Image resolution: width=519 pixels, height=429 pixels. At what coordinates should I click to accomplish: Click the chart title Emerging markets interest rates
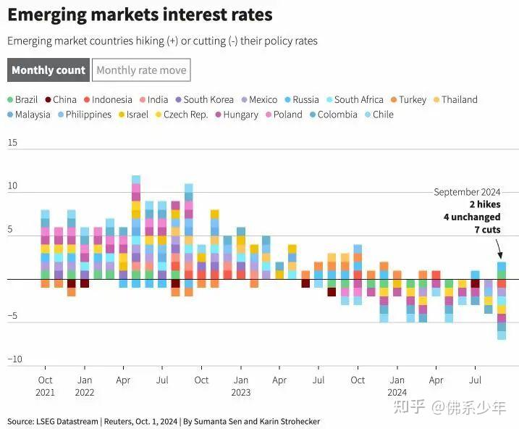click(x=140, y=14)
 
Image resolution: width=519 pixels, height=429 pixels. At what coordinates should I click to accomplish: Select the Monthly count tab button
click(x=48, y=70)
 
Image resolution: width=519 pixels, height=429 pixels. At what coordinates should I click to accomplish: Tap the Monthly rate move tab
click(x=141, y=70)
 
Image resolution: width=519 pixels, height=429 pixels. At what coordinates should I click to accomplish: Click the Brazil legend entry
click(x=22, y=99)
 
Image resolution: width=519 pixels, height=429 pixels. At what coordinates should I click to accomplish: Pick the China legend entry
click(x=61, y=99)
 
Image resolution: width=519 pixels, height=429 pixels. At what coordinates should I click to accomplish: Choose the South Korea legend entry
click(x=205, y=99)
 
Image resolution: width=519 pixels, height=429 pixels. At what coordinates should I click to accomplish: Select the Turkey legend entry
click(x=409, y=99)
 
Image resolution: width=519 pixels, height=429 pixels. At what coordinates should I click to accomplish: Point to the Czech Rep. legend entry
click(x=182, y=114)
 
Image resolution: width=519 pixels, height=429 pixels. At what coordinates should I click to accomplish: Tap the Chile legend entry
click(x=379, y=114)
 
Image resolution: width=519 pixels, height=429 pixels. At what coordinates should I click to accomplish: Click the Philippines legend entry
click(x=85, y=114)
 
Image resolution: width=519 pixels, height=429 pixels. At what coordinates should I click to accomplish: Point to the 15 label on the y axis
click(x=12, y=143)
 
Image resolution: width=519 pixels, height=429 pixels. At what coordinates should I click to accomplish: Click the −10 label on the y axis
click(x=15, y=359)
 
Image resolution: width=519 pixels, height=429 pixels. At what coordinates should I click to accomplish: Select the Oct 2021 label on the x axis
click(x=45, y=386)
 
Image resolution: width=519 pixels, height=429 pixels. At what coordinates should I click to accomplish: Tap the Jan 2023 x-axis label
click(x=241, y=386)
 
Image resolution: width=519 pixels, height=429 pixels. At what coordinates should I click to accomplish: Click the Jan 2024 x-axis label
click(x=397, y=386)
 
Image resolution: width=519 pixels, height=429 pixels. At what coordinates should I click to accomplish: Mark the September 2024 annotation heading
click(x=467, y=192)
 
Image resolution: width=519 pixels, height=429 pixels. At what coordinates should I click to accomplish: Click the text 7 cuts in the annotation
click(x=487, y=230)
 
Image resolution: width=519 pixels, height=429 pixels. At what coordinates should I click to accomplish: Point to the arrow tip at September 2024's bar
click(x=501, y=259)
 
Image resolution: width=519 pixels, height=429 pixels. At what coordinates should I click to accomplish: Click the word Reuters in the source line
click(x=119, y=421)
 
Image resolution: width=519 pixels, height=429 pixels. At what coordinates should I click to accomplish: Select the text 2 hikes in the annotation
click(x=485, y=204)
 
